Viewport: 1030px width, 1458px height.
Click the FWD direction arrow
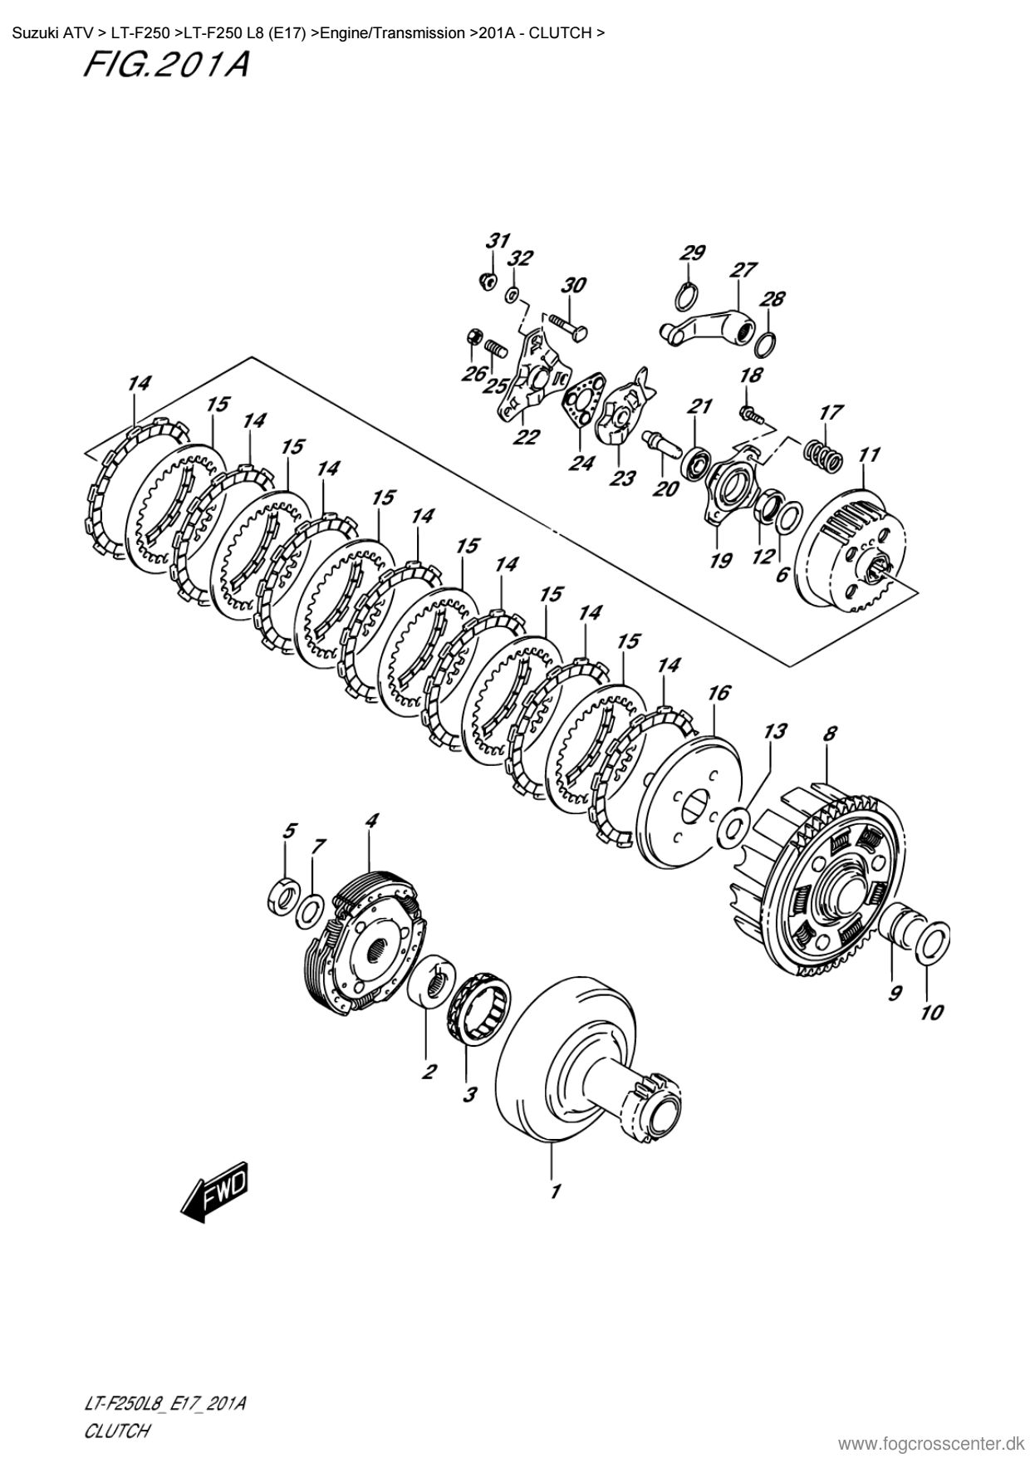(215, 1193)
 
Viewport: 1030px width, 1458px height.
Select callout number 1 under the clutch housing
(555, 1190)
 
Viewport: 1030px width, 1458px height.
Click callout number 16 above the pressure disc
(719, 692)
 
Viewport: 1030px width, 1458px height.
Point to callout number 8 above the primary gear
(829, 734)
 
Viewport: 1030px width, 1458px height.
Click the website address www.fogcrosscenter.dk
(932, 1443)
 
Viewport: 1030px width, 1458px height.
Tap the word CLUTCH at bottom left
(116, 1430)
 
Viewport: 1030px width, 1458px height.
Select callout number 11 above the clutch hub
(869, 455)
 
